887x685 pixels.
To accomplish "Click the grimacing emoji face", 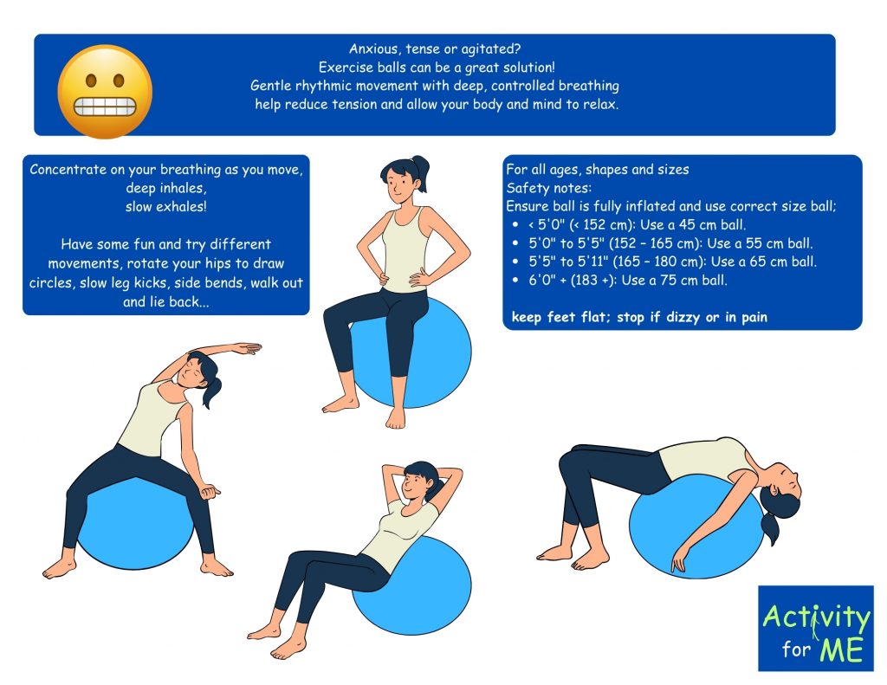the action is (x=105, y=91).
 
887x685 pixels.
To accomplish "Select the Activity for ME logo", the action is (x=815, y=629).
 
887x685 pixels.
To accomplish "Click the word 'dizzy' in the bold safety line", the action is (x=683, y=317).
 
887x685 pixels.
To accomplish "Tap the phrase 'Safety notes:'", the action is (x=548, y=188).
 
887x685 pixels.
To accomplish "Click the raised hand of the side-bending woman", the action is (x=247, y=347).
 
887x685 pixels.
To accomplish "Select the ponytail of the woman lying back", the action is (x=770, y=520).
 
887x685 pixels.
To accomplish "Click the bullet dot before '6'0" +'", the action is (x=515, y=280).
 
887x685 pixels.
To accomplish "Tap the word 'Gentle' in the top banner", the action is (x=269, y=86).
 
